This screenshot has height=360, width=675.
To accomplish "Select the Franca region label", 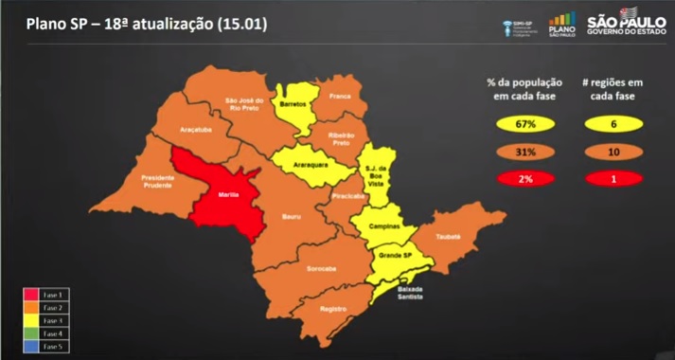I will click(x=340, y=96).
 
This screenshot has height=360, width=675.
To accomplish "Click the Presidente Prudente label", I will click(x=158, y=181).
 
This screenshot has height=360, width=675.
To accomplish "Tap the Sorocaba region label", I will click(x=321, y=267).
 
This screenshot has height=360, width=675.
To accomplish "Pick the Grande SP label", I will click(x=394, y=255).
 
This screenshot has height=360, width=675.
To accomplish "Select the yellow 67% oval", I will click(x=526, y=124).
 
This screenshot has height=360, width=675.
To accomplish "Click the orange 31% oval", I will click(x=526, y=152).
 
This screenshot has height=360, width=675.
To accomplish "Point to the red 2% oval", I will click(x=526, y=179).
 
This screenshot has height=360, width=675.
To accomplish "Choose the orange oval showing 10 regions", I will click(x=619, y=152).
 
